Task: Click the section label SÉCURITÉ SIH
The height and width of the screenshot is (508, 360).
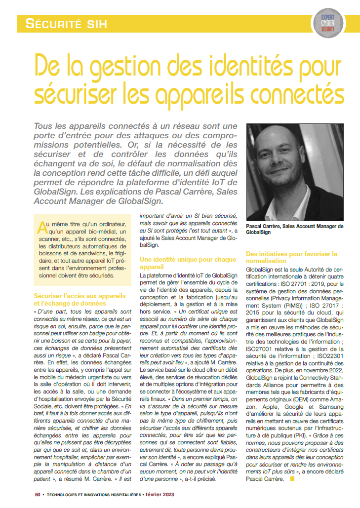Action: [x=66, y=23]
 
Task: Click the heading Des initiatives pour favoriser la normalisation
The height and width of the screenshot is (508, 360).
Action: [x=291, y=257]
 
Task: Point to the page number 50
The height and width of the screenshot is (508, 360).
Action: [x=38, y=494]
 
